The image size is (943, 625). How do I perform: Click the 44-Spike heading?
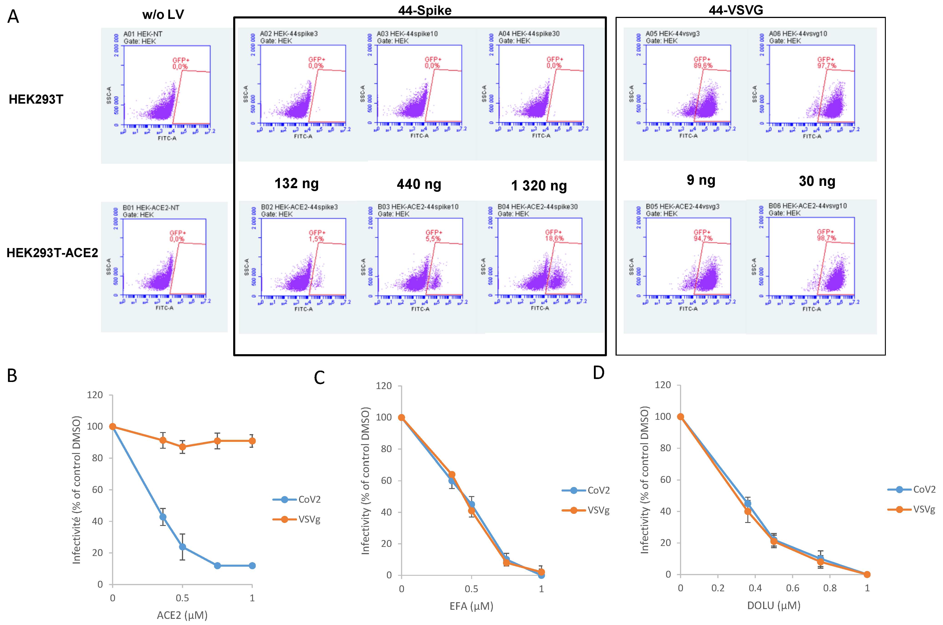click(425, 10)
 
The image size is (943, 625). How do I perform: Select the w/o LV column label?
click(163, 15)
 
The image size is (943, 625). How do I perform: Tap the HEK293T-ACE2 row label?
click(52, 253)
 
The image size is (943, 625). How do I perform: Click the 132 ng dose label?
click(296, 183)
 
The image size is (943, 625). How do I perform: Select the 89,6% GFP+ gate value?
click(703, 65)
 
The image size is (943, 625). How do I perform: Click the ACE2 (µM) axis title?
click(182, 615)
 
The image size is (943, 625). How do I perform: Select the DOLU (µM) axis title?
click(773, 605)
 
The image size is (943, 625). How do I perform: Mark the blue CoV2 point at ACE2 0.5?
click(182, 547)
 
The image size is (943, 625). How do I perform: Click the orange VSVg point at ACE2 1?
click(252, 441)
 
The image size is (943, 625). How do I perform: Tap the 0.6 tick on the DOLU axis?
click(792, 588)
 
